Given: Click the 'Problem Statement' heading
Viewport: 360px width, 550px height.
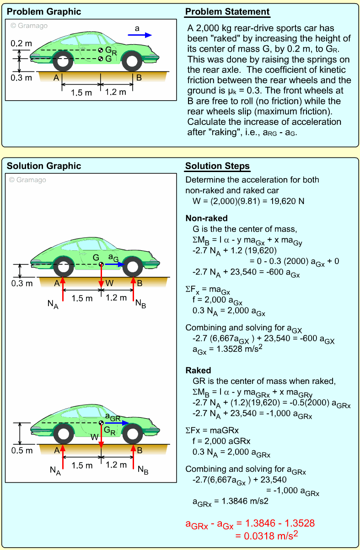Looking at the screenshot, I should tap(227, 12).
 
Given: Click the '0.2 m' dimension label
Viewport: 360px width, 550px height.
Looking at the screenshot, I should tap(21, 44).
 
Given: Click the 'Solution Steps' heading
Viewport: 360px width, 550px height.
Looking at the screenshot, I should tap(217, 166).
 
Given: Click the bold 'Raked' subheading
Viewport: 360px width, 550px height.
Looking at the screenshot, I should tap(198, 370).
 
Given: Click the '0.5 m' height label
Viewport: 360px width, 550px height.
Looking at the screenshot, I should tap(21, 450).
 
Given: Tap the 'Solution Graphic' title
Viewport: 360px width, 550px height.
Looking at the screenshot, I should tap(44, 166).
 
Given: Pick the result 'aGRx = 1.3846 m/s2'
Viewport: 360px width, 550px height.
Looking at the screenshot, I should tap(230, 501).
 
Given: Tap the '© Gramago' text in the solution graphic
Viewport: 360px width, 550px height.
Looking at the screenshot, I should tap(28, 180).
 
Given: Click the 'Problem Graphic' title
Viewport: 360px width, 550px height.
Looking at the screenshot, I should tap(44, 12).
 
